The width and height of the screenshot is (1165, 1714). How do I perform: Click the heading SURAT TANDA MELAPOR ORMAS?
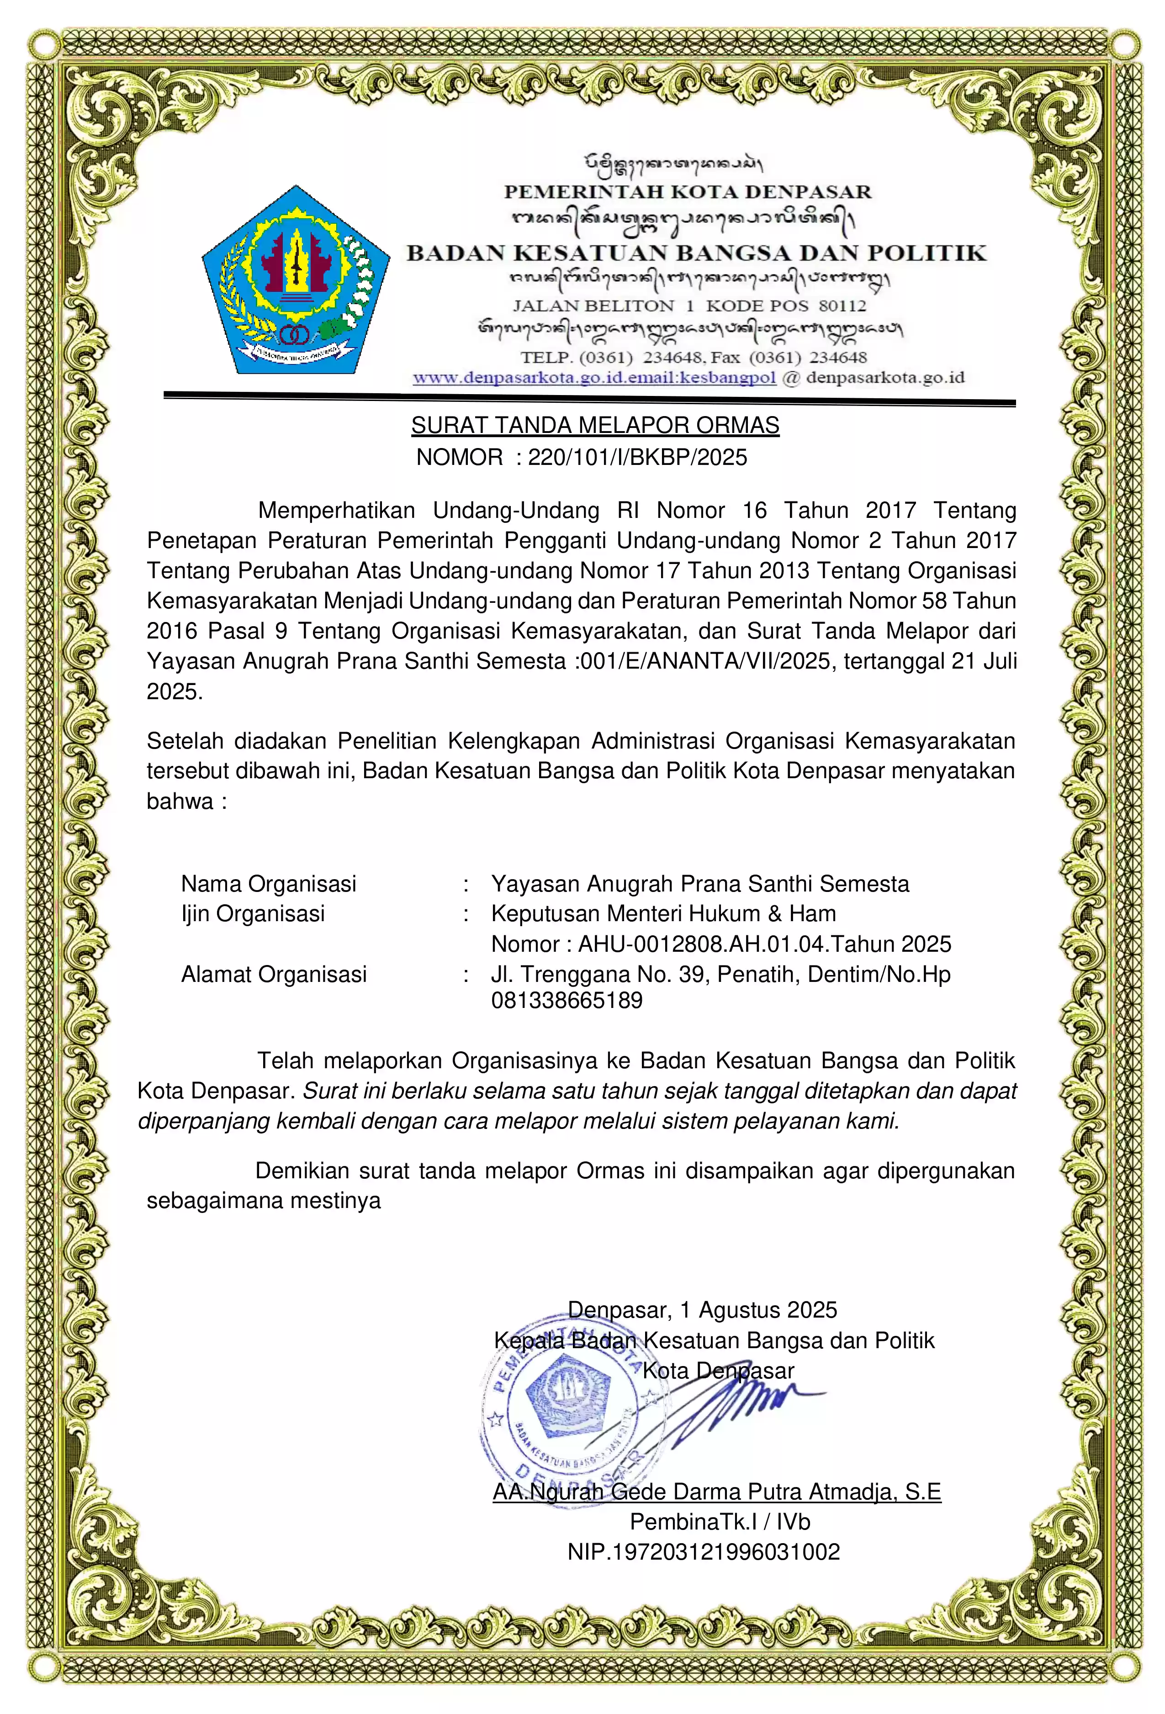[595, 426]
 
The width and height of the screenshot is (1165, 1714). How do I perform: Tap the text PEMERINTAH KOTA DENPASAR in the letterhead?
[688, 192]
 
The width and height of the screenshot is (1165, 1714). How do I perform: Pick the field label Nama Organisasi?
[269, 884]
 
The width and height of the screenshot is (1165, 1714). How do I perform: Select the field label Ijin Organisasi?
[253, 914]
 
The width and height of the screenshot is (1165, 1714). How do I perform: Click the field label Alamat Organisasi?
[274, 974]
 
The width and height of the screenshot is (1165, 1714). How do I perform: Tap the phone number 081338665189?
[567, 1001]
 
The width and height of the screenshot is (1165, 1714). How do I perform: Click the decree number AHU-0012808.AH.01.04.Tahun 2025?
[764, 944]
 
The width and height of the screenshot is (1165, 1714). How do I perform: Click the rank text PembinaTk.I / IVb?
[720, 1522]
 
